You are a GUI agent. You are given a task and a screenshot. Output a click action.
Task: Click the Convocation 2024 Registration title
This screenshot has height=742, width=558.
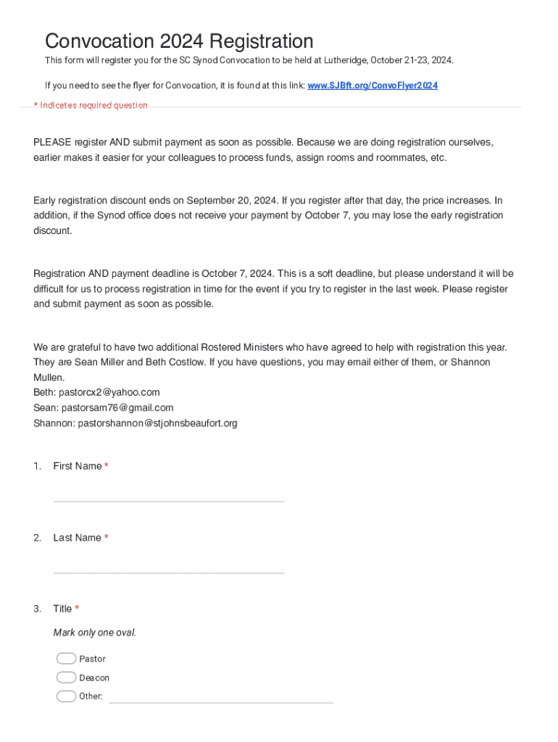(179, 41)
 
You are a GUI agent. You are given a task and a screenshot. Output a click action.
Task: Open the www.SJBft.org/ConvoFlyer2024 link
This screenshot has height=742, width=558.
(372, 86)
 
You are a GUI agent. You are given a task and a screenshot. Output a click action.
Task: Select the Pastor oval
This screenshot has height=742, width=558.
(66, 659)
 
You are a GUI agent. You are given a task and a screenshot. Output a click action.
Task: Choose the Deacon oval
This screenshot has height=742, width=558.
(66, 678)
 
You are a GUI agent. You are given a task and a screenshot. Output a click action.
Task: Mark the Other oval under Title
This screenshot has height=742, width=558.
(66, 696)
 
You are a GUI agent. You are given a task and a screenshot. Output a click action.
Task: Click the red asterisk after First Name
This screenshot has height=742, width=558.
(107, 466)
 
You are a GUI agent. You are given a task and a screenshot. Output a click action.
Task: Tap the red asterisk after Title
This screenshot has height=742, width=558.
(77, 609)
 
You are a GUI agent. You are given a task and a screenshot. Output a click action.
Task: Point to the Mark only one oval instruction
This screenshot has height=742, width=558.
(94, 633)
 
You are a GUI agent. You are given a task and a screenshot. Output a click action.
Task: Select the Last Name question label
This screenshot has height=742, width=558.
(77, 538)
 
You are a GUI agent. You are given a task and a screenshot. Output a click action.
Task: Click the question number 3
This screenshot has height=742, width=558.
(37, 609)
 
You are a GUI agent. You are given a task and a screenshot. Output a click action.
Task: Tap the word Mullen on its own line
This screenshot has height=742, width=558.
(49, 378)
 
